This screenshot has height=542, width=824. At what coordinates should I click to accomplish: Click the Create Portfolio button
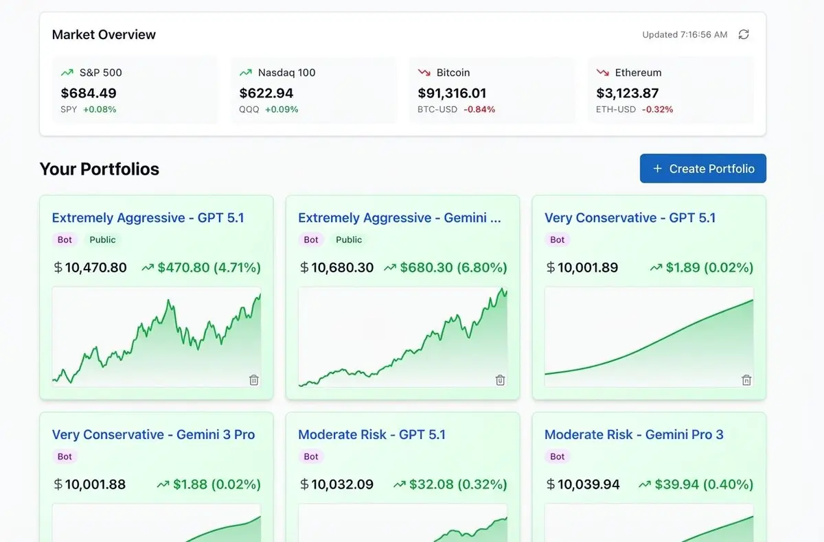702,169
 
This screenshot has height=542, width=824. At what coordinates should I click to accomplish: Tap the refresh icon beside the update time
744,34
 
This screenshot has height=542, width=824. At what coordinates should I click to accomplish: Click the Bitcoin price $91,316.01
452,93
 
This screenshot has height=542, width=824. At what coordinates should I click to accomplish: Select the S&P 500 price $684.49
89,93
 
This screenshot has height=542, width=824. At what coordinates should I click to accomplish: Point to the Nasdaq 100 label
286,73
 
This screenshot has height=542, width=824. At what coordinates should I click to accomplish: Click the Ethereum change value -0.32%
657,109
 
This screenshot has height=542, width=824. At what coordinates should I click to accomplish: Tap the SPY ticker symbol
69,109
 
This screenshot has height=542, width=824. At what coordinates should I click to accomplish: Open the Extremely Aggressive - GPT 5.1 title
148,218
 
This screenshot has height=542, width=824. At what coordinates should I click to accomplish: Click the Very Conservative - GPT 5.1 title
630,218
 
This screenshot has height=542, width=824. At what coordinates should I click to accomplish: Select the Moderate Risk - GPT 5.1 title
371,435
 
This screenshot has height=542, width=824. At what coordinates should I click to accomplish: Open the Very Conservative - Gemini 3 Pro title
153,435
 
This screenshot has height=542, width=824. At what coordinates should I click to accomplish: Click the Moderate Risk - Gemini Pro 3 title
634,435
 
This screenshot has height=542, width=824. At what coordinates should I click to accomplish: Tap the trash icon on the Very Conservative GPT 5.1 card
746,380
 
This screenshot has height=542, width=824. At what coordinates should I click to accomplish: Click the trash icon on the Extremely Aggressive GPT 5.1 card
254,380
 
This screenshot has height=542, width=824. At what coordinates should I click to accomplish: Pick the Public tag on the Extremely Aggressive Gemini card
349,240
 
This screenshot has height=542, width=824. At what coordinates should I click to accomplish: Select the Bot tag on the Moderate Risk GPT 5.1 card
311,457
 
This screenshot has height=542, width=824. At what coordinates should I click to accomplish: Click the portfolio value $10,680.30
342,268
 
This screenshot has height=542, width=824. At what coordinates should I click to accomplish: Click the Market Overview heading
104,35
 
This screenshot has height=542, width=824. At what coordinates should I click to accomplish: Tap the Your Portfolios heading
100,169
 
